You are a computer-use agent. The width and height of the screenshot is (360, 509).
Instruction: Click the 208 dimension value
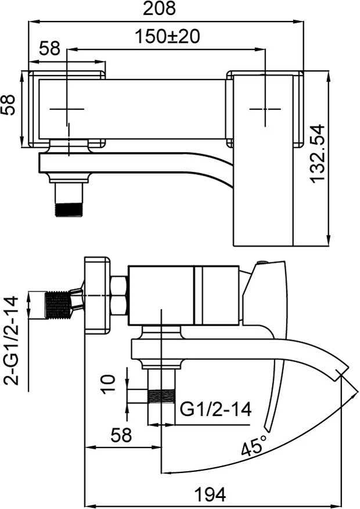pyautogui.click(x=159, y=9)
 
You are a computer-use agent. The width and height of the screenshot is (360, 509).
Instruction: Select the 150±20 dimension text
pyautogui.click(x=167, y=37)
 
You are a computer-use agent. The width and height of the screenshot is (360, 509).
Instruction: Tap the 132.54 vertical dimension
pyautogui.click(x=318, y=154)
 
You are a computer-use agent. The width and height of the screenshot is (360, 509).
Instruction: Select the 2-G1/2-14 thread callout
pyautogui.click(x=12, y=341)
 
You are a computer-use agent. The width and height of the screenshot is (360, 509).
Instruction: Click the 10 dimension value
pyautogui.click(x=107, y=384)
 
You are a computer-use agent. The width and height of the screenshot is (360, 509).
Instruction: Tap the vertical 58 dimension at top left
pyautogui.click(x=8, y=104)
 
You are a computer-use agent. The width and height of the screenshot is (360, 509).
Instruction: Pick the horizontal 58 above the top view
pyautogui.click(x=50, y=49)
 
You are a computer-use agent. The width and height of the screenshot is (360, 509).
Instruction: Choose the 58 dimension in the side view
pyautogui.click(x=121, y=435)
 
